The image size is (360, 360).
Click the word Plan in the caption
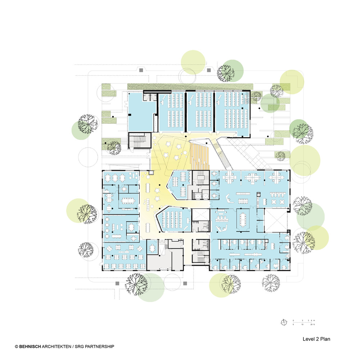coord(325,339)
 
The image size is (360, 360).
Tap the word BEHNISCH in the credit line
coord(30,346)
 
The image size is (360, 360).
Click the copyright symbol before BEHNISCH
coord(16,346)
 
